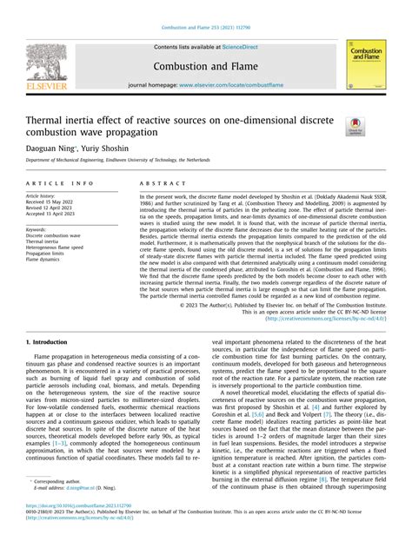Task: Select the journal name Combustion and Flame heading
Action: [205, 66]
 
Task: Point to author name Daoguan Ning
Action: [50, 149]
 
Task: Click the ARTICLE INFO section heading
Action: [60, 184]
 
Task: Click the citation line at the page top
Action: [205, 7]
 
